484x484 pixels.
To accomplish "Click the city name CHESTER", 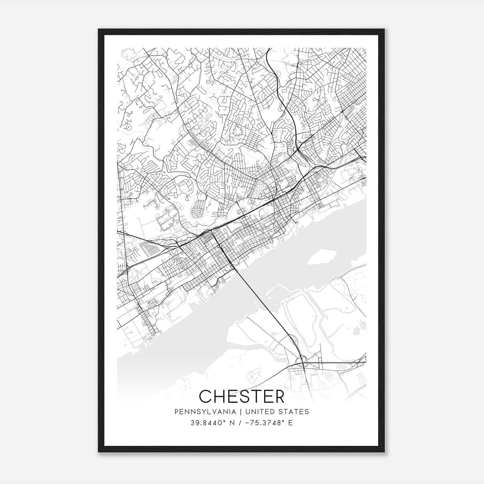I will [x=242, y=396].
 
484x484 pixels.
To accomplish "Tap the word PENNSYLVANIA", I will [x=205, y=412].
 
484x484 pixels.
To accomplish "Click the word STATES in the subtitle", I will [x=293, y=412].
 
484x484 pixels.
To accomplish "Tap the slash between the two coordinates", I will [x=240, y=423].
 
